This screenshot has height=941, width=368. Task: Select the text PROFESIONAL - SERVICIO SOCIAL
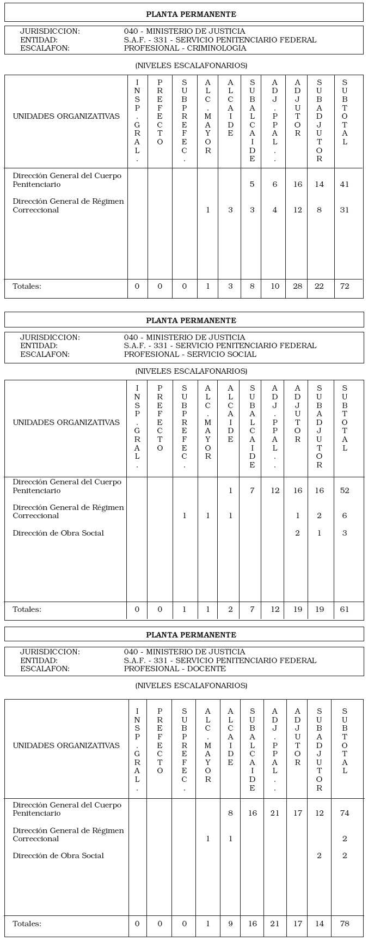pos(190,354)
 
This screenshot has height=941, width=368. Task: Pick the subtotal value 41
pos(345,184)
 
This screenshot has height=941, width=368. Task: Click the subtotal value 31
pos(345,210)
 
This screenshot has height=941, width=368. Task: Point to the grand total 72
pos(345,286)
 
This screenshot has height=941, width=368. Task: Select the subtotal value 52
pos(345,490)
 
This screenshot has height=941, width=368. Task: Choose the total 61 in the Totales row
pos(345,609)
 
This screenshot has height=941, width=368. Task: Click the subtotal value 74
pos(345,813)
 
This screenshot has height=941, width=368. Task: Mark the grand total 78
pos(345,924)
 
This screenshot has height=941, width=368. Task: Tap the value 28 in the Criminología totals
pos(297,286)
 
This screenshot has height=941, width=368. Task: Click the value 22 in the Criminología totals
pos(319,286)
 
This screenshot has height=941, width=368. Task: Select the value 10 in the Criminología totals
pos(275,286)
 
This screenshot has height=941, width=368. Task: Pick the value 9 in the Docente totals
pos(230,924)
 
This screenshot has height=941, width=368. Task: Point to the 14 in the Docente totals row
pos(319,924)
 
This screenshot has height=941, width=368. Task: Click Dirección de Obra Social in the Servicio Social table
pos(58,533)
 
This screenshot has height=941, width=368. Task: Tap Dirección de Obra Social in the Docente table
pos(58,855)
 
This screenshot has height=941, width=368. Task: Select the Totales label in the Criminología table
pos(27,286)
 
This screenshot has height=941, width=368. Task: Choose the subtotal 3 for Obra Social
pos(345,533)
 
